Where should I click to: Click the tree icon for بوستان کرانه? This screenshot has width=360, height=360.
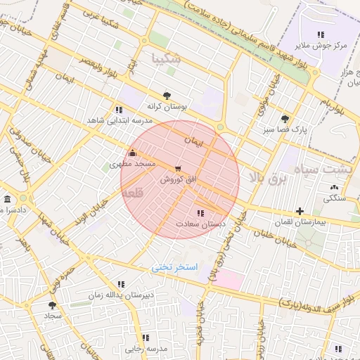pyautogui.click(x=167, y=96)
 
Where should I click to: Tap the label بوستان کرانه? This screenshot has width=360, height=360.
pyautogui.click(x=166, y=107)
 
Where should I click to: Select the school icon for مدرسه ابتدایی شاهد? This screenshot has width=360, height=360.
pyautogui.click(x=118, y=110)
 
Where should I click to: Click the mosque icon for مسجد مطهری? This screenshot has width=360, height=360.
pyautogui.click(x=131, y=153)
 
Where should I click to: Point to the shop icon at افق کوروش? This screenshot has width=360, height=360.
pyautogui.click(x=177, y=168)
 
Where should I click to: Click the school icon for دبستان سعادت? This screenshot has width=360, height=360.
pyautogui.click(x=200, y=213)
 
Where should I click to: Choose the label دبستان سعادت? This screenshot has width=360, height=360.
pyautogui.click(x=193, y=224)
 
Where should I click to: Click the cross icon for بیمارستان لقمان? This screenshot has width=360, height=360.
pyautogui.click(x=300, y=211)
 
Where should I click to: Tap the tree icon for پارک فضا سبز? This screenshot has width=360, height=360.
pyautogui.click(x=284, y=119)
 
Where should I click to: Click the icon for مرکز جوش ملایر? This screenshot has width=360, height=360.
pyautogui.click(x=321, y=34)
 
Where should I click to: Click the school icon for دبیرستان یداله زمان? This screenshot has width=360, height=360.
pyautogui.click(x=121, y=284)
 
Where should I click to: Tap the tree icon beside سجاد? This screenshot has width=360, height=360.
pyautogui.click(x=52, y=305)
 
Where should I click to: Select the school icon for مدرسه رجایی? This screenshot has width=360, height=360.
pyautogui.click(x=146, y=337)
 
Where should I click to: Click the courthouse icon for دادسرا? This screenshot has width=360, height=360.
pyautogui.click(x=7, y=199)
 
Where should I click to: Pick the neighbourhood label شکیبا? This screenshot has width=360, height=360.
pyautogui.click(x=167, y=59)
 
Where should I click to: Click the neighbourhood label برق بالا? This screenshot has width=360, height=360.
pyautogui.click(x=270, y=179)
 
